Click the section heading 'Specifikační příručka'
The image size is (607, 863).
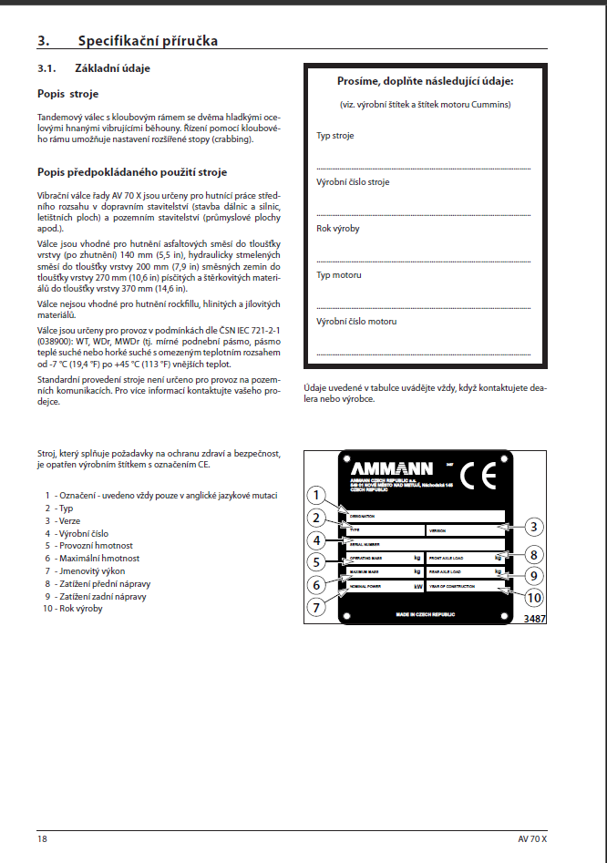coord(147,40)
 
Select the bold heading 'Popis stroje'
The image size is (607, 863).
coord(68,93)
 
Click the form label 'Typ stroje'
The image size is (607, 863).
coord(335,136)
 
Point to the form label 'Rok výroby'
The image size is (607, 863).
coord(337,229)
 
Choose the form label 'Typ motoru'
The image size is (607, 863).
coord(339,275)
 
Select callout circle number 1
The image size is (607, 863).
coord(315,496)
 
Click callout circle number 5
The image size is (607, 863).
coord(315,562)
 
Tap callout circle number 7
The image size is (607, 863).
coord(315,606)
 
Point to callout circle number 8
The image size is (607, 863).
coord(536,553)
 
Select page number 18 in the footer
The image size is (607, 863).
coord(43,837)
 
